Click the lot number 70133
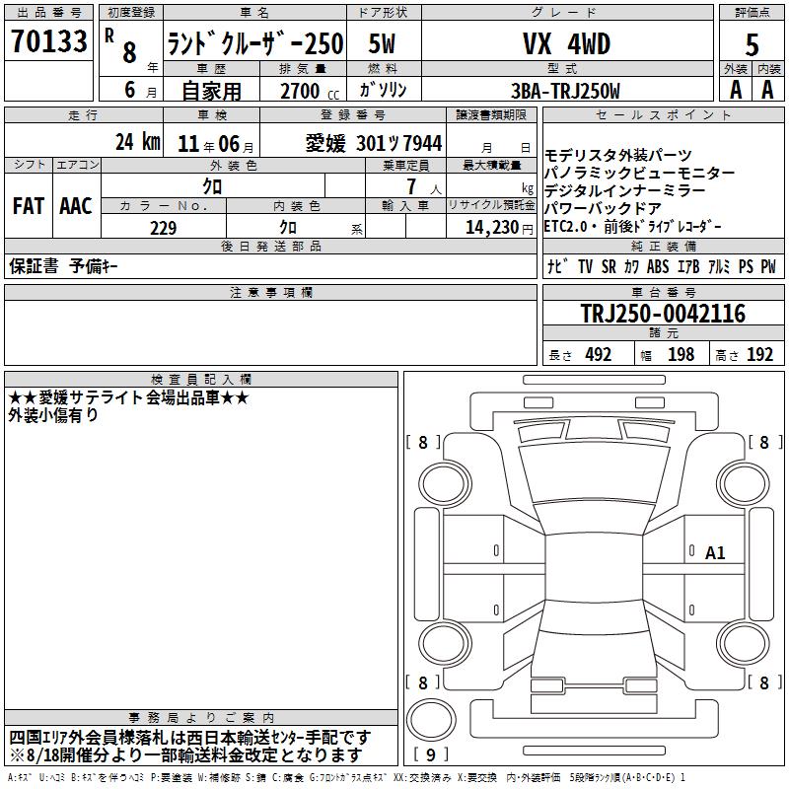pyautogui.click(x=48, y=40)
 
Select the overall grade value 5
pyautogui.click(x=752, y=44)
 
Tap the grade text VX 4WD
pyautogui.click(x=566, y=43)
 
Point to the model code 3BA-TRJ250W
pyautogui.click(x=565, y=91)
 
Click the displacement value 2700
pyautogui.click(x=300, y=91)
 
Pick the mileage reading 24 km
pyautogui.click(x=138, y=142)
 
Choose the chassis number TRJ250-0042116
pyautogui.click(x=663, y=314)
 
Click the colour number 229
pyautogui.click(x=163, y=228)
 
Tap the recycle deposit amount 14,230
pyautogui.click(x=492, y=228)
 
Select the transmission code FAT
pyautogui.click(x=29, y=206)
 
